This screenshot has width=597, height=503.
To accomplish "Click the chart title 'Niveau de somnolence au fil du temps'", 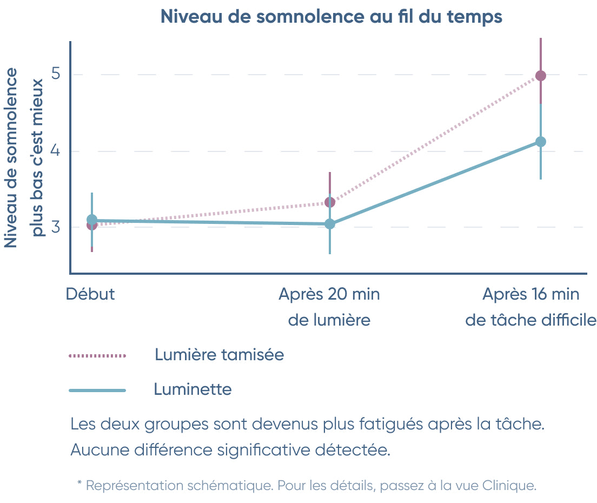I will (x=331, y=17).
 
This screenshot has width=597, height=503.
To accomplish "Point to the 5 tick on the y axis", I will (x=56, y=74).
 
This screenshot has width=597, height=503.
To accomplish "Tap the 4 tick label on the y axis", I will (x=56, y=151).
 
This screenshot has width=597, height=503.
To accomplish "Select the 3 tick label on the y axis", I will (x=56, y=227).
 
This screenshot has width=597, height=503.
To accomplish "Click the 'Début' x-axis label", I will (x=90, y=294).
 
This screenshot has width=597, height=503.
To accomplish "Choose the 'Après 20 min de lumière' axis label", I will (x=329, y=307).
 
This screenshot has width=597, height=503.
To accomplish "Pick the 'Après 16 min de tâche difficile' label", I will (x=530, y=307).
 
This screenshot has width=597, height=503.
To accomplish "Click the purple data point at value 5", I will (x=540, y=76).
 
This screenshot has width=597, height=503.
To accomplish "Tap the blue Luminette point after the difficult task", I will (x=540, y=142).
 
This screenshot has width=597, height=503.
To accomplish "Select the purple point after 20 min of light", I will (x=330, y=202).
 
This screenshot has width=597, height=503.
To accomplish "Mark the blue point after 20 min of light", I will (x=330, y=224).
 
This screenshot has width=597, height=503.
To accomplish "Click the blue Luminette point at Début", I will (x=92, y=220).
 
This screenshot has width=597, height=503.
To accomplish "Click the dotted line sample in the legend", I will (x=97, y=356).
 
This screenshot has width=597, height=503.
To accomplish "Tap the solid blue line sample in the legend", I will (x=97, y=390).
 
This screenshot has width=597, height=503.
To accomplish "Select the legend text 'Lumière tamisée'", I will (x=219, y=355).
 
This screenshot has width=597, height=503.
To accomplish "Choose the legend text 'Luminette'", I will (x=193, y=389).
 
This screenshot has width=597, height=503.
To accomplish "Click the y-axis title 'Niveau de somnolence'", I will (x=11, y=158).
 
